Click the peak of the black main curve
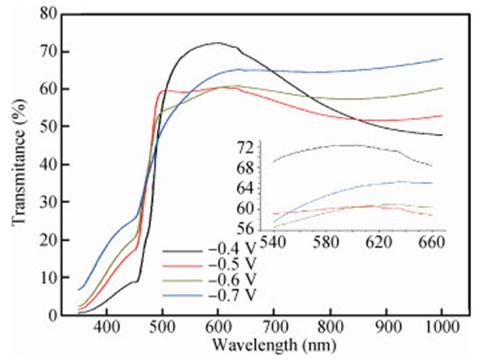pyautogui.click(x=217, y=43)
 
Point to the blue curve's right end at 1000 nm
pyautogui.click(x=441, y=59)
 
